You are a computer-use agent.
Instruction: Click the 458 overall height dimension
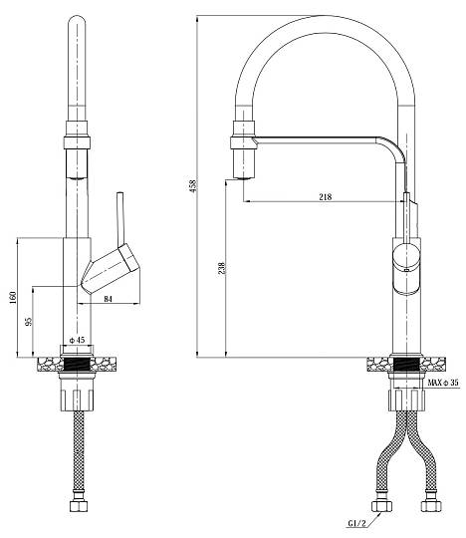pyautogui.click(x=194, y=185)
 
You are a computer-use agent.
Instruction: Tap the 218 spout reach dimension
pyautogui.click(x=326, y=196)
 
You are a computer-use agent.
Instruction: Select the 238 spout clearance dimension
pyautogui.click(x=221, y=268)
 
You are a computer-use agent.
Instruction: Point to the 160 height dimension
pyautogui.click(x=13, y=298)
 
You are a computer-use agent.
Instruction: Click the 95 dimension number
pyautogui.click(x=29, y=321)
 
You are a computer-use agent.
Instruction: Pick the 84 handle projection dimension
pyautogui.click(x=108, y=299)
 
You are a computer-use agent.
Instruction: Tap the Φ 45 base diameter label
pyautogui.click(x=77, y=340)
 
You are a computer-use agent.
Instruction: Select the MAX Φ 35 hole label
pyautogui.click(x=443, y=383)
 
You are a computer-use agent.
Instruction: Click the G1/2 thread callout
pyautogui.click(x=356, y=523)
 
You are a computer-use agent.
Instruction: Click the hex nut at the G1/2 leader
pyautogui.click(x=382, y=506)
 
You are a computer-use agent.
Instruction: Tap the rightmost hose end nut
pyautogui.click(x=431, y=506)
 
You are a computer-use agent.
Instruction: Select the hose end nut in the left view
pyautogui.click(x=79, y=506)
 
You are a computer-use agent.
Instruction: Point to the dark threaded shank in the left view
pyautogui.click(x=77, y=364)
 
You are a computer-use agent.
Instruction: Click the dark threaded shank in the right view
pyautogui.click(x=406, y=364)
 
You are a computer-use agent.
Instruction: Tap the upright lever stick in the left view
pyautogui.click(x=120, y=219)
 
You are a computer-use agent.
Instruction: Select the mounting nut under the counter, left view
pyautogui.click(x=77, y=395)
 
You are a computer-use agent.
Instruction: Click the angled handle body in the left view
pyautogui.click(x=111, y=268)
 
